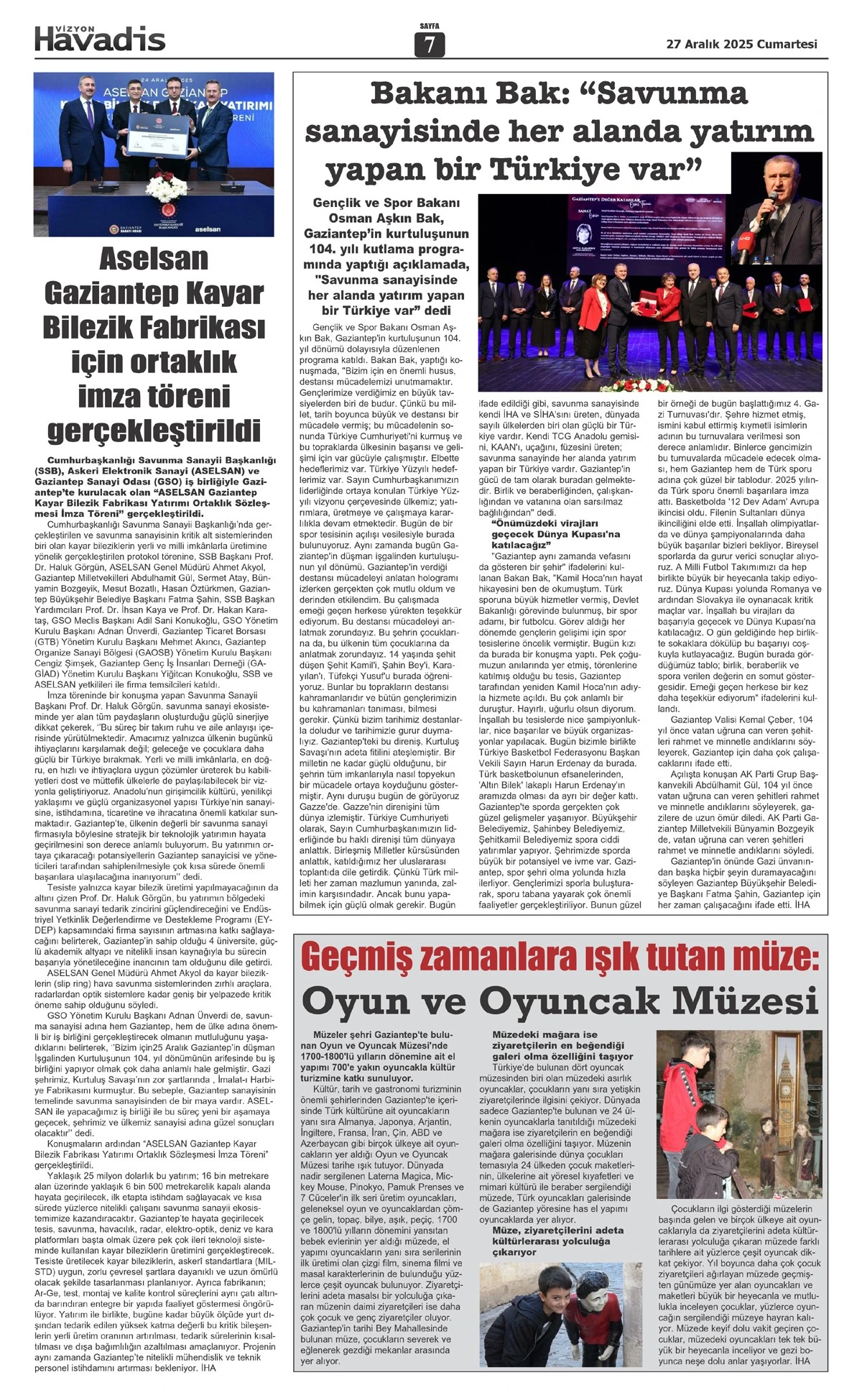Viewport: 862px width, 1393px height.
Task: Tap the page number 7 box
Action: click(x=430, y=45)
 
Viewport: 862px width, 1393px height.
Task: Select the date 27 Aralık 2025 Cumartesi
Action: click(x=742, y=44)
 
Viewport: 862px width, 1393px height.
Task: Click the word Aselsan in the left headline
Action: click(x=154, y=259)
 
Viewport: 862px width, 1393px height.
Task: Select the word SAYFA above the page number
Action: click(x=430, y=27)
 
